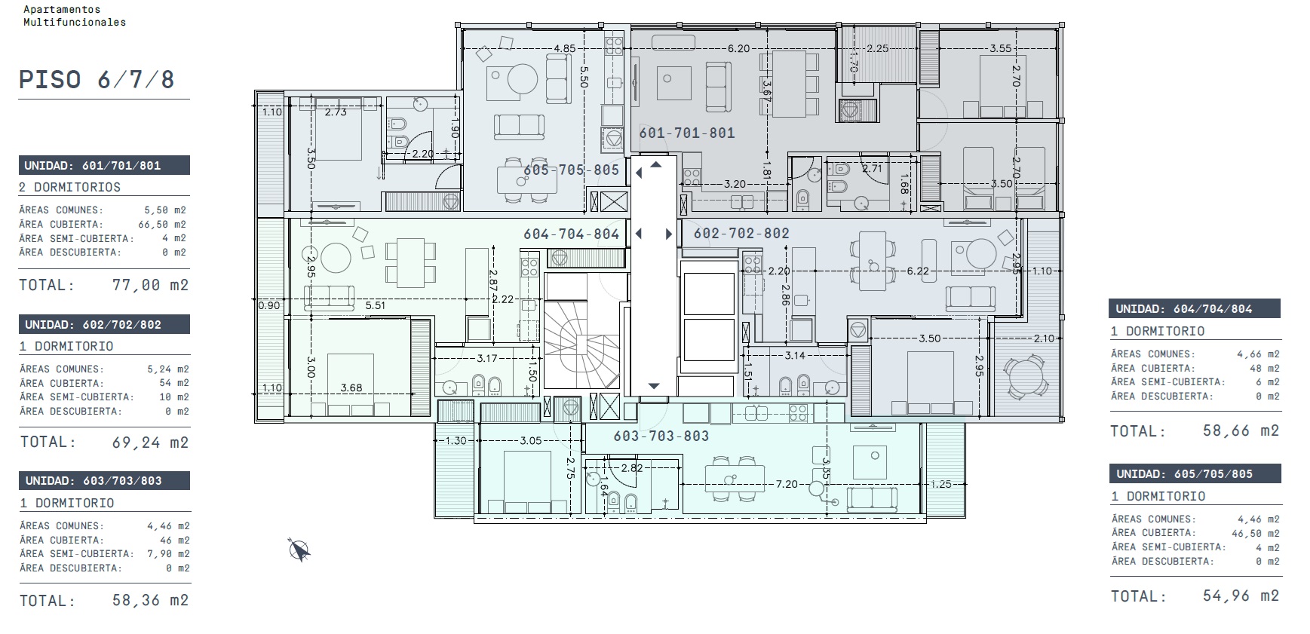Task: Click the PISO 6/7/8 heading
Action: click(97, 80)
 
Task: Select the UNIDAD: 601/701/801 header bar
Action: click(104, 165)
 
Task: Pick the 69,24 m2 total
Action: click(151, 443)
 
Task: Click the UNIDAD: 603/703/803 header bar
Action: click(104, 480)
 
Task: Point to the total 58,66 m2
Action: click(1241, 430)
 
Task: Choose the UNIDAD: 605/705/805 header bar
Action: click(1195, 473)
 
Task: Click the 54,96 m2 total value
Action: click(1241, 596)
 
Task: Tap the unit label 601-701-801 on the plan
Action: click(687, 133)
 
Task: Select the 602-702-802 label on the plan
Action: click(741, 233)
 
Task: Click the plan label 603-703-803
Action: click(661, 436)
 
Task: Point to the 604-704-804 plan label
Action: click(572, 234)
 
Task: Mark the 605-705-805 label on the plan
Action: click(572, 170)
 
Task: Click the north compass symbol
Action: click(299, 550)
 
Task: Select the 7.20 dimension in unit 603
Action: click(787, 484)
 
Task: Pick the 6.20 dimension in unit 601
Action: click(739, 48)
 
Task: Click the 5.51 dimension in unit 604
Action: click(376, 305)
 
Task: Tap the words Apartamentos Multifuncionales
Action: click(75, 16)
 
